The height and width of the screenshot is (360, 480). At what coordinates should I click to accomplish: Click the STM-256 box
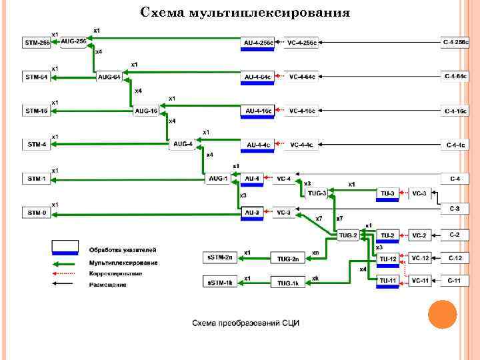pyautogui.click(x=36, y=43)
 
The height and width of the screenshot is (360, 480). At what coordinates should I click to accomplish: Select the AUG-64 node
pyautogui.click(x=109, y=77)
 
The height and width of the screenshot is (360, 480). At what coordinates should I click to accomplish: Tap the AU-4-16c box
pyautogui.click(x=258, y=111)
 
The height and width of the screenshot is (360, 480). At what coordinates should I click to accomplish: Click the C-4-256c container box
pyautogui.click(x=455, y=43)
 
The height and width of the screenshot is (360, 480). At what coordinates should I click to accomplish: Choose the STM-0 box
pyautogui.click(x=36, y=213)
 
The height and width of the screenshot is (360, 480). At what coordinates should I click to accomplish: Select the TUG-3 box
pyautogui.click(x=317, y=193)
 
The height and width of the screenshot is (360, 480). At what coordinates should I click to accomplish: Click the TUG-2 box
pyautogui.click(x=347, y=235)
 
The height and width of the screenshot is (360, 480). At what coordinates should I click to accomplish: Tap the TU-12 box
pyautogui.click(x=388, y=258)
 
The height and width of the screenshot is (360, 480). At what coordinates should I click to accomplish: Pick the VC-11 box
pyautogui.click(x=421, y=281)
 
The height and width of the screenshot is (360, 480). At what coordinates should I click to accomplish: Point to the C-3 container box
pyautogui.click(x=455, y=209)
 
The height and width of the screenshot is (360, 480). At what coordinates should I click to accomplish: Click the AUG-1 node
pyautogui.click(x=217, y=179)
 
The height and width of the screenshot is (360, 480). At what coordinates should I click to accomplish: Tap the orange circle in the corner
pyautogui.click(x=441, y=314)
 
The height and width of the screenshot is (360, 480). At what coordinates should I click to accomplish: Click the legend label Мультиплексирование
pyautogui.click(x=123, y=263)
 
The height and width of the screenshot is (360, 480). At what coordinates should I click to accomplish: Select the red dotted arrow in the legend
pyautogui.click(x=66, y=273)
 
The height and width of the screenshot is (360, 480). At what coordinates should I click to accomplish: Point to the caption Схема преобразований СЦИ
pyautogui.click(x=246, y=323)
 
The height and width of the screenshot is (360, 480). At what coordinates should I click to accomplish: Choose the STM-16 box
pyautogui.click(x=36, y=111)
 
